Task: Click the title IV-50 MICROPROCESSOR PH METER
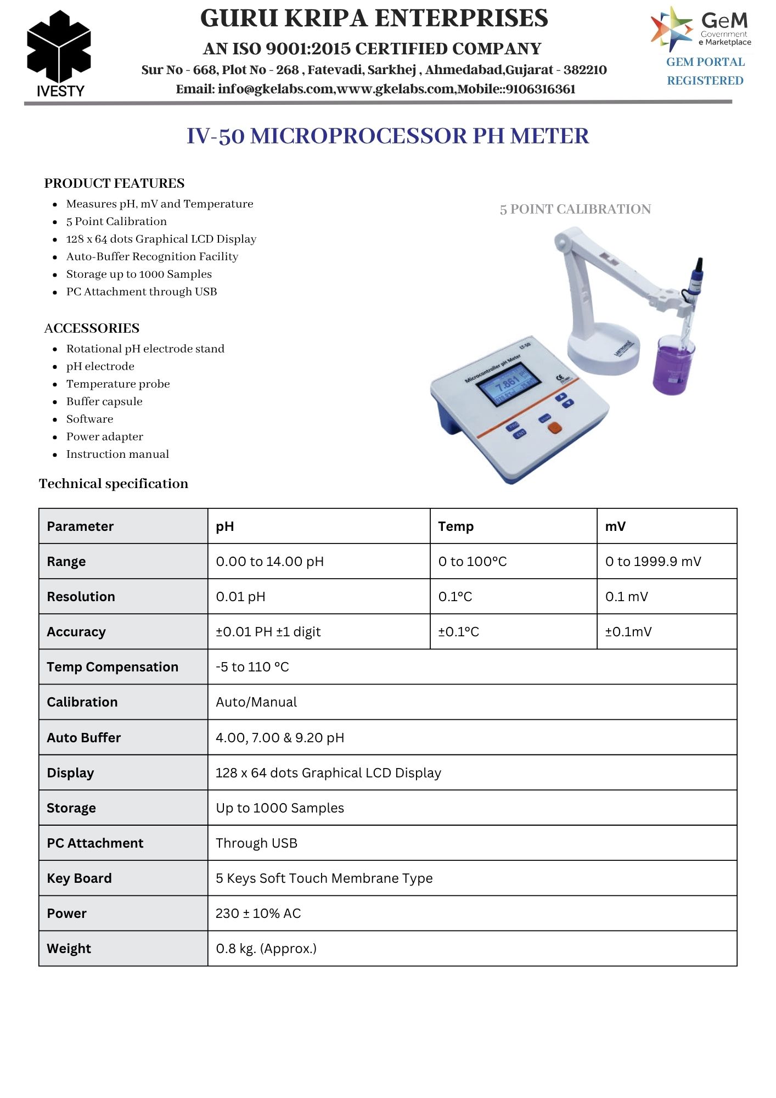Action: pyautogui.click(x=387, y=136)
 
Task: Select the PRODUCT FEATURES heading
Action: pyautogui.click(x=114, y=183)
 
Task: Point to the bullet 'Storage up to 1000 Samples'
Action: pyautogui.click(x=139, y=274)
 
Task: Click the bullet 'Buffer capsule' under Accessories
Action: pyautogui.click(x=104, y=401)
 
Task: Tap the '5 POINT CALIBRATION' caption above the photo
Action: pyautogui.click(x=575, y=209)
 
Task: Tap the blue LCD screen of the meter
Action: pyautogui.click(x=508, y=384)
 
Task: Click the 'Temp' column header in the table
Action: pyautogui.click(x=456, y=526)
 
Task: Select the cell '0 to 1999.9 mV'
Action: pyautogui.click(x=653, y=562)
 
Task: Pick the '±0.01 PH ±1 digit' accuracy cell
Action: pyautogui.click(x=268, y=632)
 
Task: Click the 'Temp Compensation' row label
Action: pyautogui.click(x=113, y=667)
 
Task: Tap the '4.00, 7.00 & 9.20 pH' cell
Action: pyautogui.click(x=280, y=737)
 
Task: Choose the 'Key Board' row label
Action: pyautogui.click(x=79, y=878)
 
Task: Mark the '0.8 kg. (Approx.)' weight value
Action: pyautogui.click(x=266, y=949)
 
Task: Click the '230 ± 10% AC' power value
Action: pyautogui.click(x=258, y=914)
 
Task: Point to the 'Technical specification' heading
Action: pyautogui.click(x=114, y=484)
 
